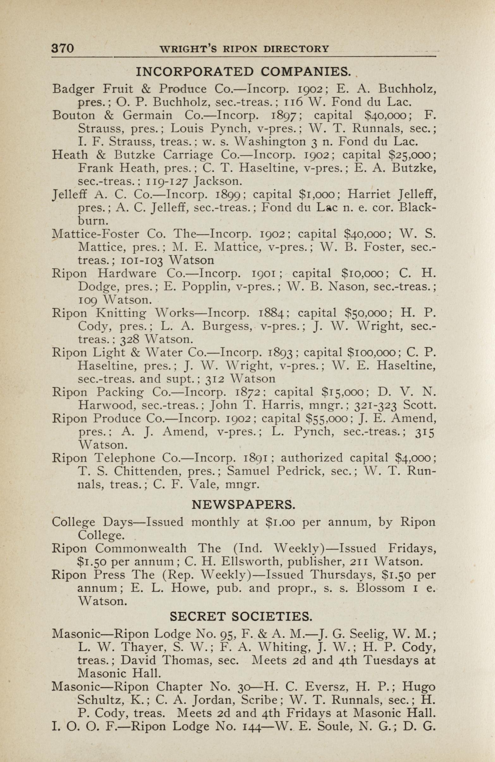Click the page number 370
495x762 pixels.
click(x=63, y=48)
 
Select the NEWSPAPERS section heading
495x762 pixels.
click(x=242, y=505)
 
